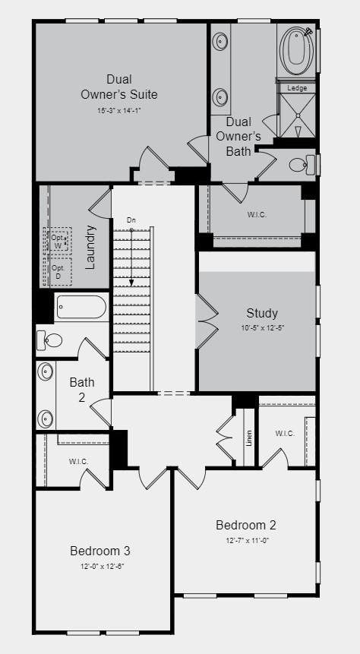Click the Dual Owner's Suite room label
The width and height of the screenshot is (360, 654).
[x=119, y=87]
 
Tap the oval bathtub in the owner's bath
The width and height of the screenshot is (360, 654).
[x=295, y=50]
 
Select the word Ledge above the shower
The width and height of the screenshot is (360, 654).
[x=297, y=88]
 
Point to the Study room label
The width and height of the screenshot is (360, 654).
[x=261, y=313]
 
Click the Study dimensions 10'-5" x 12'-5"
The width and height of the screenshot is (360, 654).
[x=261, y=327]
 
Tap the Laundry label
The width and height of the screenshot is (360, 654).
[x=90, y=247]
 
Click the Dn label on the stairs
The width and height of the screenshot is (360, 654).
[x=131, y=220]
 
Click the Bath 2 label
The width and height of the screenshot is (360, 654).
[x=82, y=388]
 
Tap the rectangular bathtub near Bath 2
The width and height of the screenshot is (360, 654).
[x=81, y=308]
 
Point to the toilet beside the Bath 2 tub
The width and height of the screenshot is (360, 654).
[x=51, y=340]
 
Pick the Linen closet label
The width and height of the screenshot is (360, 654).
[x=248, y=438]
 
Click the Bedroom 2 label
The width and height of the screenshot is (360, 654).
[x=245, y=525]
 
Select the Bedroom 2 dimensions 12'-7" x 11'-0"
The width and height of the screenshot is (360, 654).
[x=245, y=540]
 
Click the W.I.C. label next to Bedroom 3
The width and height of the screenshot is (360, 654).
[x=78, y=461]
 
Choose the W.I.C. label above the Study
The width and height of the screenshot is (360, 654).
[x=256, y=214]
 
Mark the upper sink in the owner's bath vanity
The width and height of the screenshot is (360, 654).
[x=221, y=40]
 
